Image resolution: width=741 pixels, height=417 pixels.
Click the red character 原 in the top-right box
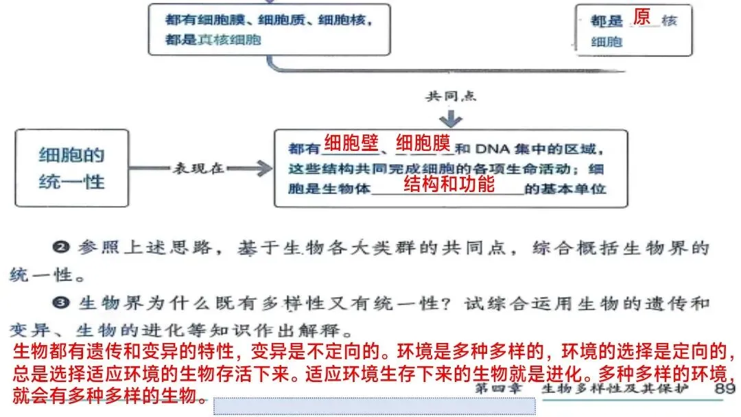pos(642,18)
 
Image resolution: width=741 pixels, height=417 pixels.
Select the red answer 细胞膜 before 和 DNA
pos(423,145)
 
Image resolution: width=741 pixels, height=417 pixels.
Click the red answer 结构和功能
pos(449,184)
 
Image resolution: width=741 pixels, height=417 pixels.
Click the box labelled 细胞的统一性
pos(71,168)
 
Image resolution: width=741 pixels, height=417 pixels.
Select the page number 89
pos(724,389)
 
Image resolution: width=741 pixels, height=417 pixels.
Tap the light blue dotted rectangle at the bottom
pos(374,406)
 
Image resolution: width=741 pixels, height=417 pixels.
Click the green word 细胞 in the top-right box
pos(607,42)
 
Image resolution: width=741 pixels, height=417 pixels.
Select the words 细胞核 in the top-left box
pos(346,21)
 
